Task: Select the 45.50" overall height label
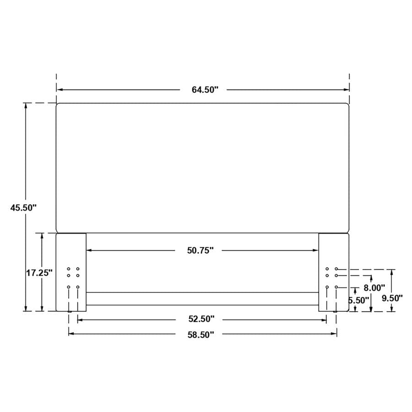point(23,207)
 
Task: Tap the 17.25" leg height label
point(39,273)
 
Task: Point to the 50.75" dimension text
point(200,250)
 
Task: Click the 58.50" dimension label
point(201,335)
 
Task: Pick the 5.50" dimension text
point(358,300)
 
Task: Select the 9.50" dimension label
point(392,298)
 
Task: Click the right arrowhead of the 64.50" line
point(347,90)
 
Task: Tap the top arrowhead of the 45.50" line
point(26,106)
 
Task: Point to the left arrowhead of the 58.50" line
point(71,334)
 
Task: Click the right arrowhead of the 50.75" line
point(315,250)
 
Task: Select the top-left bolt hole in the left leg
point(69,269)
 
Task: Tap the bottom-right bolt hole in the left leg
point(78,287)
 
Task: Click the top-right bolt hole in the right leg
point(336,269)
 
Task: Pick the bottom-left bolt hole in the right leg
point(327,287)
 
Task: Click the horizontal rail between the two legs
point(202,298)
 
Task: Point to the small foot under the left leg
point(70,312)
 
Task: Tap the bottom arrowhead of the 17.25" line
point(42,309)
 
